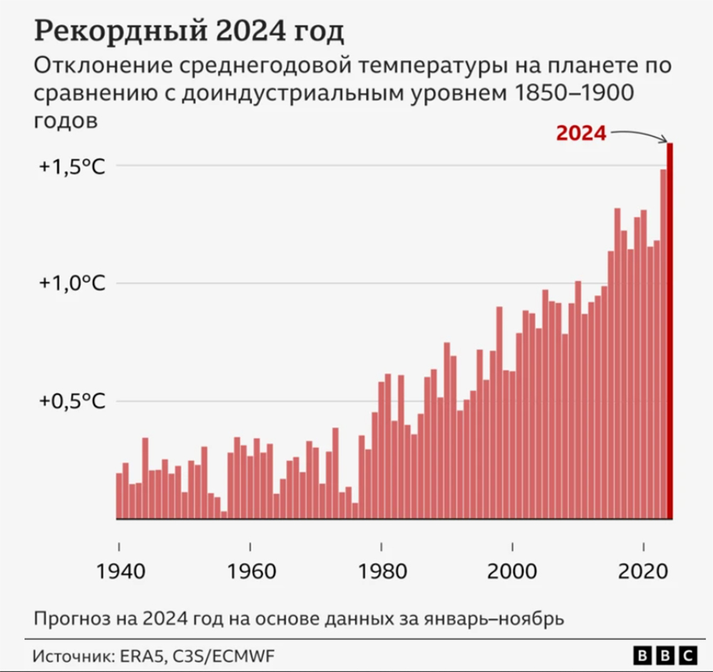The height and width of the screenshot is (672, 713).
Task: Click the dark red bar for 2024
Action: click(x=670, y=331)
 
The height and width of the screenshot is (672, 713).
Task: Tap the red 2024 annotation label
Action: click(x=581, y=133)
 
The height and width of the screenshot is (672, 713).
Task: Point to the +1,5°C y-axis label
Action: click(x=72, y=167)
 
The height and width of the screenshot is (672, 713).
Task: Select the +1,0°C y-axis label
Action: click(x=72, y=283)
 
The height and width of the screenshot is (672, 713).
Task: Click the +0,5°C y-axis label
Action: click(x=72, y=400)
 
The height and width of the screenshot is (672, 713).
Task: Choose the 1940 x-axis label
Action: click(x=120, y=572)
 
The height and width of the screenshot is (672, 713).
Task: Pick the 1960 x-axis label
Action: click(x=252, y=572)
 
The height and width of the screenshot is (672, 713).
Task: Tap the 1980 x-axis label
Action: click(x=382, y=572)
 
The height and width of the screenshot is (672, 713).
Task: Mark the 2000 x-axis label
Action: click(x=512, y=572)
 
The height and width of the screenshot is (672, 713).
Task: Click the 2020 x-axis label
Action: click(x=643, y=572)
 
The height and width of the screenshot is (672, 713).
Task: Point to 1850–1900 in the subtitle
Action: click(x=574, y=93)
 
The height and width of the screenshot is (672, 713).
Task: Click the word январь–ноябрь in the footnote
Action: click(x=494, y=619)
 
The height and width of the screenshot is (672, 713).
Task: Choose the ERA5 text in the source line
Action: click(x=141, y=656)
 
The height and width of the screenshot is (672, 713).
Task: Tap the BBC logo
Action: click(x=665, y=656)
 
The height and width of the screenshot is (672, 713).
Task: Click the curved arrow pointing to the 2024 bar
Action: click(x=640, y=133)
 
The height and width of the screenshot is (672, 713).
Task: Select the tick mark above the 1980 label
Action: click(x=381, y=547)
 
